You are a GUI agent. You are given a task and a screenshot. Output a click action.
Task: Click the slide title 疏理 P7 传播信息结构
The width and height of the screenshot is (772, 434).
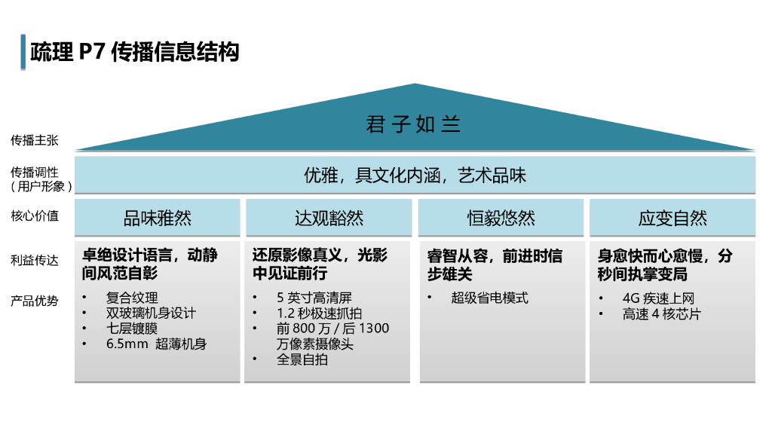click(135, 52)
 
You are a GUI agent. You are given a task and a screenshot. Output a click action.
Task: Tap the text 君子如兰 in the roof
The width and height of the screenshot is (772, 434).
click(413, 124)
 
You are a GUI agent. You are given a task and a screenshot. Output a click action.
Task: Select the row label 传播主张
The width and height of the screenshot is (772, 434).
click(34, 140)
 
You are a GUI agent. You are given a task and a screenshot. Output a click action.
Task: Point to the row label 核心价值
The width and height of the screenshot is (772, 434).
click(34, 216)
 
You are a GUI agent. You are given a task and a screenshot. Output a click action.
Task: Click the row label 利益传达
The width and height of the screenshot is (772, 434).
click(34, 260)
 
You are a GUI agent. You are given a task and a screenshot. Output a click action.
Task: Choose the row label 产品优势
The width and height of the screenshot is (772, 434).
click(34, 301)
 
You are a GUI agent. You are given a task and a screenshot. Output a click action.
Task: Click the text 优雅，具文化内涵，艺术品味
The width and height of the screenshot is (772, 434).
click(415, 176)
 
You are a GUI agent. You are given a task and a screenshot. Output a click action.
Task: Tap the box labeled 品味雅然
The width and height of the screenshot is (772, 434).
click(158, 218)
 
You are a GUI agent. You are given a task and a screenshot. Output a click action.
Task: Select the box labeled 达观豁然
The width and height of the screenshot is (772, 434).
click(329, 218)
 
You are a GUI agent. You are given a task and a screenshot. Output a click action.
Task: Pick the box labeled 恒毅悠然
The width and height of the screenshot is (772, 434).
click(501, 218)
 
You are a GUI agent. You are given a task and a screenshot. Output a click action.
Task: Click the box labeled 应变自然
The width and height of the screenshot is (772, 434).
click(672, 218)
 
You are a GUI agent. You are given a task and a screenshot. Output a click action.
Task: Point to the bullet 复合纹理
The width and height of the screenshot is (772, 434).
click(132, 298)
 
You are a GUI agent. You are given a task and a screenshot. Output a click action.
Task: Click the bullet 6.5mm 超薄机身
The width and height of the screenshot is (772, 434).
click(156, 344)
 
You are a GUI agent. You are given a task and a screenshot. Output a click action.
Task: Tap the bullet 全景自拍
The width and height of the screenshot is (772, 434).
click(302, 359)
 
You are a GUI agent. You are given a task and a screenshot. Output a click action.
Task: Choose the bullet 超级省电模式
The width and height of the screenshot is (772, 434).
click(490, 298)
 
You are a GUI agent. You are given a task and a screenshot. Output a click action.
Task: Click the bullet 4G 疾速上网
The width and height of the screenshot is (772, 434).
click(658, 298)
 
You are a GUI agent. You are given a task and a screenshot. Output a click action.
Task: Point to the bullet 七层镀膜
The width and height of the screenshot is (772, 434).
click(132, 329)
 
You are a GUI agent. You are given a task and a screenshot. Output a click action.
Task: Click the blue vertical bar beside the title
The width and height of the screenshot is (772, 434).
click(23, 52)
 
